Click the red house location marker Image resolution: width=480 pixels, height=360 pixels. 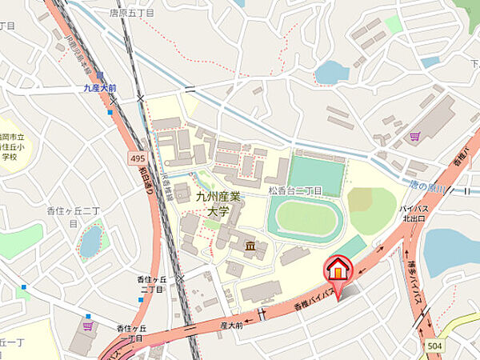pyautogui.click(x=338, y=270)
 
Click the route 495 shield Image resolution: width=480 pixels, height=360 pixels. pyautogui.click(x=137, y=159)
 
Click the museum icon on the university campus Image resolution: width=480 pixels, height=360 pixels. pyautogui.click(x=250, y=246)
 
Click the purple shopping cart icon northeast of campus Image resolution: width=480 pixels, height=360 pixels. pyautogui.click(x=414, y=137)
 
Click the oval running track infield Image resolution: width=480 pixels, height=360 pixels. pyautogui.click(x=305, y=218)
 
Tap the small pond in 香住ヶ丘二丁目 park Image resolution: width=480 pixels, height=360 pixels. pyautogui.click(x=91, y=240)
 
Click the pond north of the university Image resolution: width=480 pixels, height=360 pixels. pyautogui.click(x=332, y=72)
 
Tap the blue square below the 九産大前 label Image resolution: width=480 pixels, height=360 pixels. pyautogui.click(x=110, y=112)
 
